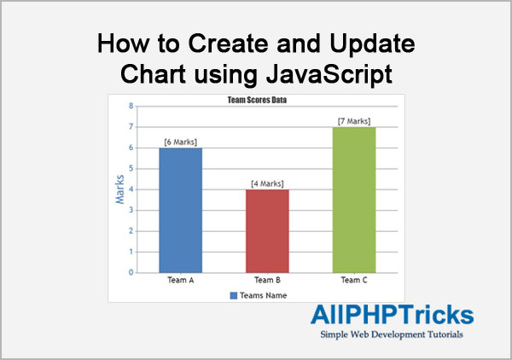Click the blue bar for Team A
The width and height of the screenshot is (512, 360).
point(180,210)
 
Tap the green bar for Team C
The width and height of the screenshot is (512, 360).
point(354,200)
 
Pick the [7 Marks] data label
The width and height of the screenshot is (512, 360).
point(354,121)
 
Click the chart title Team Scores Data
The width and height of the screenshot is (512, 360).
point(256,100)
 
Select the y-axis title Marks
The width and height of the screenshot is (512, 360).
point(119,189)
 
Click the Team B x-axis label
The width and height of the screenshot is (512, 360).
point(268,280)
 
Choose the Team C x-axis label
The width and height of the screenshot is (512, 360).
point(354,280)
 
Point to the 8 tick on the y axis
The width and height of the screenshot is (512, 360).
point(131,107)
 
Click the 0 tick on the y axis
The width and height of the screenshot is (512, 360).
point(131,273)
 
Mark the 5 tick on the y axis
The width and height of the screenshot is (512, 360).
point(131,169)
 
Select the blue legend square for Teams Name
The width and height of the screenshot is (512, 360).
point(233,295)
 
